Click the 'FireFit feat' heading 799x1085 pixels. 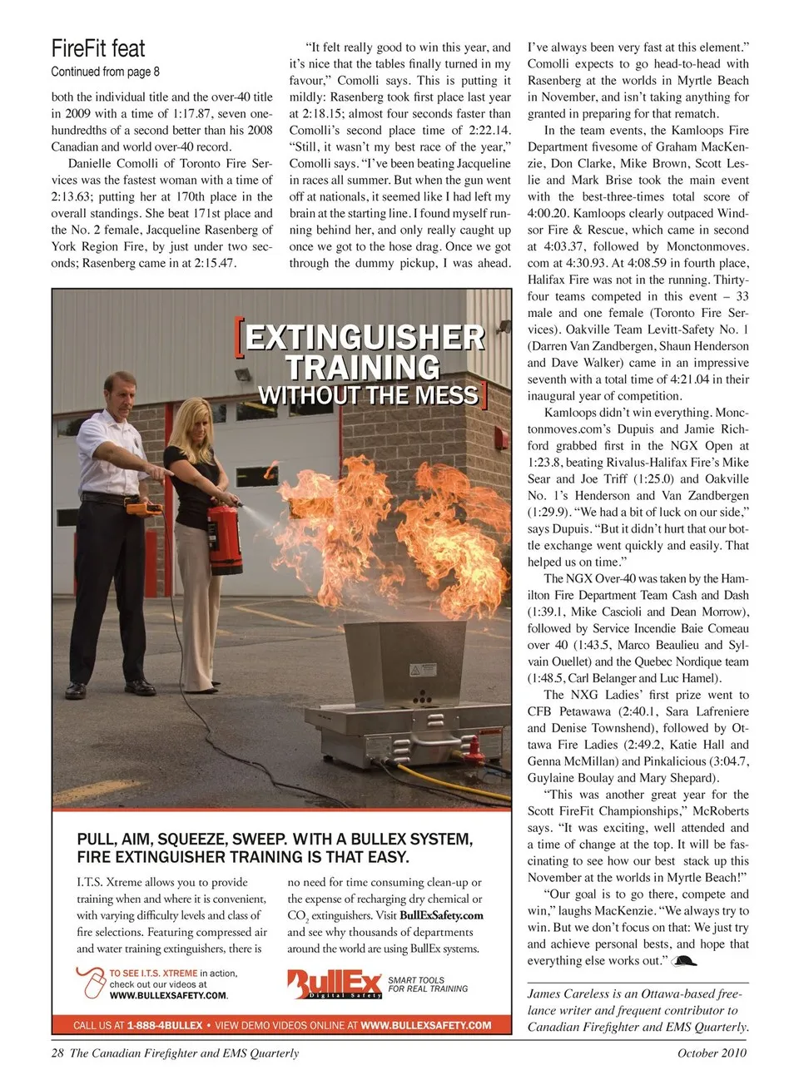[x=98, y=48]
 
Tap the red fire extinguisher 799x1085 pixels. [x=223, y=532]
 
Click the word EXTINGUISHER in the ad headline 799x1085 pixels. [x=365, y=337]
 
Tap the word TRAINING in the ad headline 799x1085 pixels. [x=362, y=367]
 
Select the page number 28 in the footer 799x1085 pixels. [x=57, y=1053]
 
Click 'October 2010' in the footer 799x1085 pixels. [x=712, y=1053]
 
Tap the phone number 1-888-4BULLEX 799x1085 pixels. [x=165, y=1025]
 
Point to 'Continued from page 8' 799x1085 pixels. [x=105, y=72]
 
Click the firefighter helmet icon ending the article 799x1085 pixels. [x=683, y=961]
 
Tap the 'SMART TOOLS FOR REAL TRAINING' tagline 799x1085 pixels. [x=428, y=984]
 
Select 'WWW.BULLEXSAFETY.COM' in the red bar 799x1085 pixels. [x=426, y=1025]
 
